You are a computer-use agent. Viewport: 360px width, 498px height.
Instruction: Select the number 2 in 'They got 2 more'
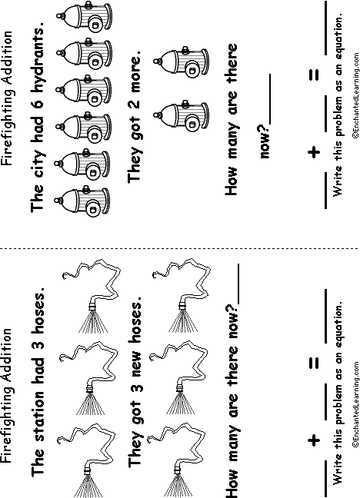point(134,105)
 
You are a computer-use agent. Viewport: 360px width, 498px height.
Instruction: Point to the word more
point(134,72)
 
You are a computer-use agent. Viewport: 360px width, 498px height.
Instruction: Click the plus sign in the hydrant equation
point(314,152)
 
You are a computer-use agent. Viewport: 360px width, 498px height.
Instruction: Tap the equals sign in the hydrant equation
point(314,75)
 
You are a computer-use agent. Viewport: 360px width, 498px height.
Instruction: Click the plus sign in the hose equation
point(314,440)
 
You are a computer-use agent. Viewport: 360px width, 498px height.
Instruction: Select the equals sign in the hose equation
point(314,363)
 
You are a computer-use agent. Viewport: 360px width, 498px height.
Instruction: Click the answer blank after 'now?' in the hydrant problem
point(270,99)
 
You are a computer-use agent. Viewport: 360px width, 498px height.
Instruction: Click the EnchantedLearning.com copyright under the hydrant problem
point(355,95)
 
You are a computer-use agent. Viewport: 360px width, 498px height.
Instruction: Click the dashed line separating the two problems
point(180,248)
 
